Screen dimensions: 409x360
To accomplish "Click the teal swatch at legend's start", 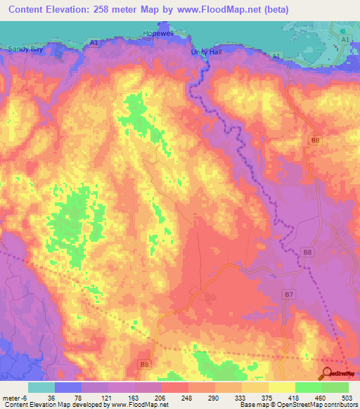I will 41,387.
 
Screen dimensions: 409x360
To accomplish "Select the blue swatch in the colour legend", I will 68,387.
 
